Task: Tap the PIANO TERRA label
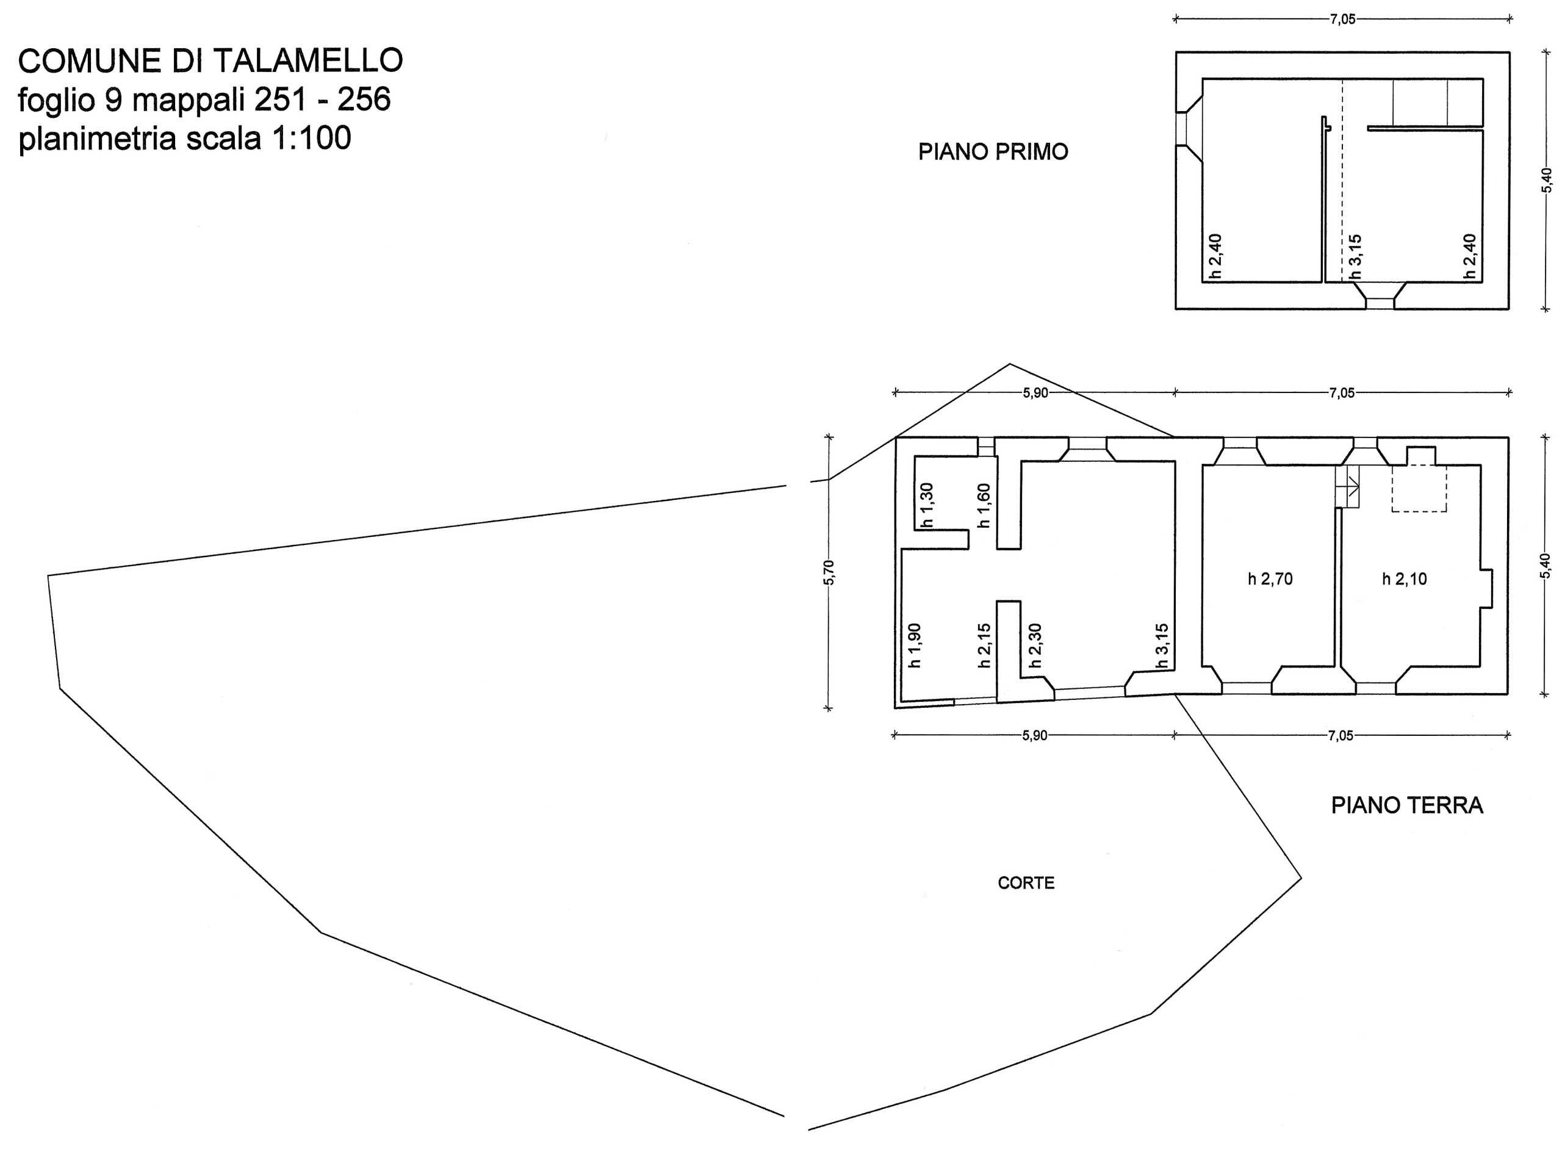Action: point(1407,805)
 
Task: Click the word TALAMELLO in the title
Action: point(308,61)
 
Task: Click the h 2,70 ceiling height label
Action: point(1270,578)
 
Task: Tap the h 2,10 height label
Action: point(1404,578)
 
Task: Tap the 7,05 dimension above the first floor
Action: point(1342,20)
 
